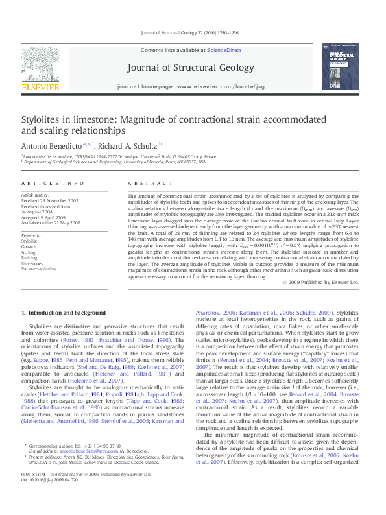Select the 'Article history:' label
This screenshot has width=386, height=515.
(36, 195)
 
